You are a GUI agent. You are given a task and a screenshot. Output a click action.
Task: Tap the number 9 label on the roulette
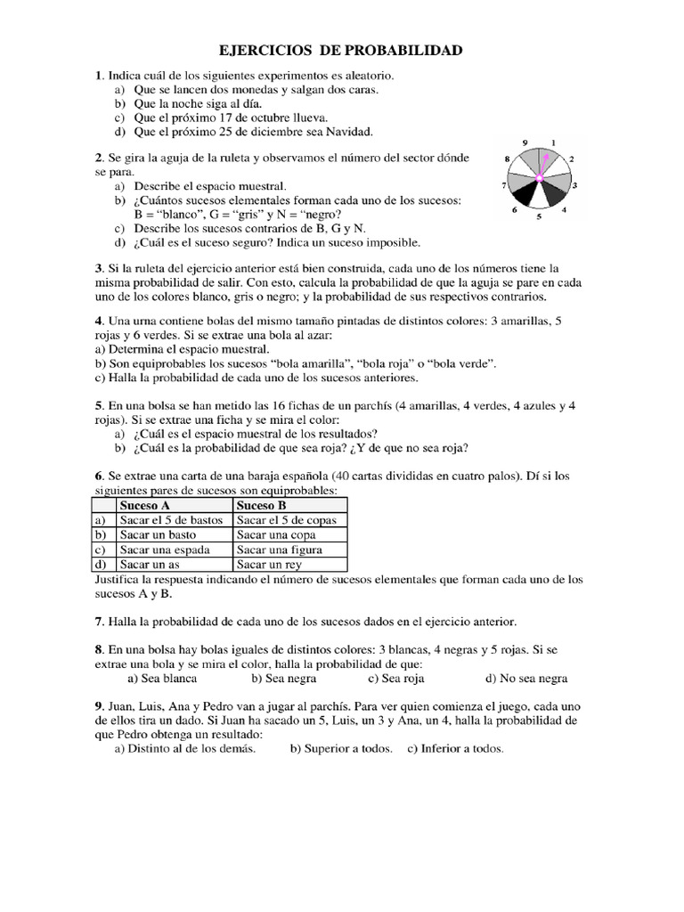525,142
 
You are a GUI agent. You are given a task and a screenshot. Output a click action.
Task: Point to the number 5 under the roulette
539,216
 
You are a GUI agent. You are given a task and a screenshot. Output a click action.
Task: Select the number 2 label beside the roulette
571,159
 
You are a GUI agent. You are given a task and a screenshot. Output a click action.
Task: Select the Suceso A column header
145,505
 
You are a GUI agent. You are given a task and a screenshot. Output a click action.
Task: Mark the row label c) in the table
100,550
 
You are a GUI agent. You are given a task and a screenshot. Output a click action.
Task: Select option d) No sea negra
525,678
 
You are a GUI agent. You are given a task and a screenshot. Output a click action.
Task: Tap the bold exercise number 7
98,621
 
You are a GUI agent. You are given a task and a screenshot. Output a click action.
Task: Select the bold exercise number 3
98,268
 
